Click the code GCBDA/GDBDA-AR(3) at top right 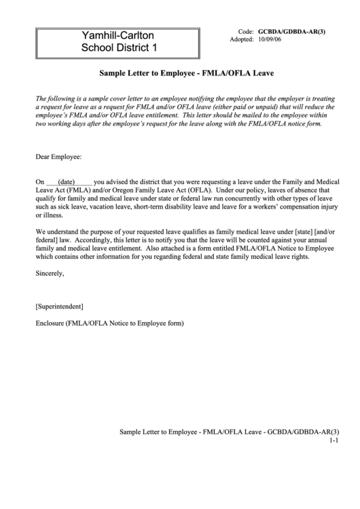(x=291, y=32)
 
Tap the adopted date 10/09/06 (x=270, y=40)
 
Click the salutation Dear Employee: (x=58, y=156)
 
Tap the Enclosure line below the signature (x=109, y=323)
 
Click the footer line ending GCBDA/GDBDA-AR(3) (x=228, y=432)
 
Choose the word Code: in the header (x=246, y=32)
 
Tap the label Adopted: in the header (x=242, y=40)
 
